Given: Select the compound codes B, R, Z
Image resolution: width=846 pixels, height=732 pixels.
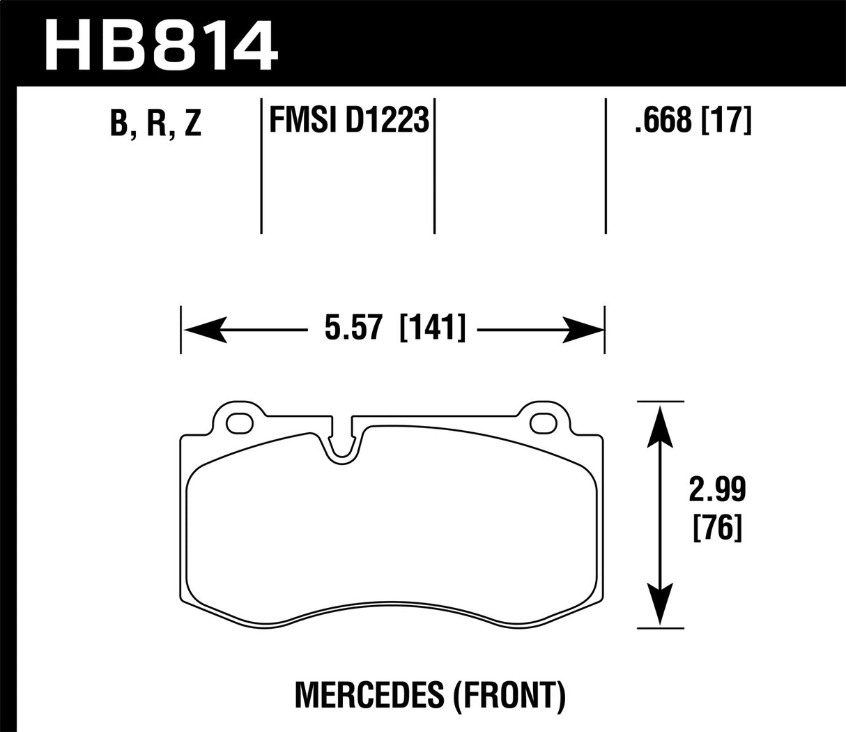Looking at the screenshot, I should pyautogui.click(x=156, y=123).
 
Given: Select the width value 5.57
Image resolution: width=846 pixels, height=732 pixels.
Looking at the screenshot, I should pyautogui.click(x=355, y=328).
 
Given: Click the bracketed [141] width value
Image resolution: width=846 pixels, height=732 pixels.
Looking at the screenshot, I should pyautogui.click(x=432, y=328).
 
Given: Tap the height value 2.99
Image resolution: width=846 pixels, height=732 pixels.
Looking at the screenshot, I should pyautogui.click(x=718, y=491).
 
